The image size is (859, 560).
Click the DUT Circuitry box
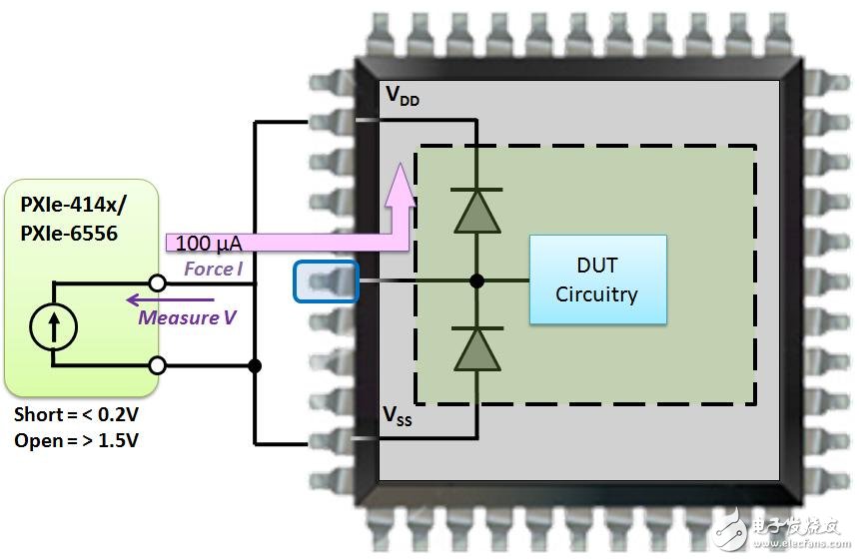(597, 280)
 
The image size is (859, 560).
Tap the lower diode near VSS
(476, 349)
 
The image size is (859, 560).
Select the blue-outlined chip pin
(326, 280)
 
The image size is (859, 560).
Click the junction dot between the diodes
(476, 280)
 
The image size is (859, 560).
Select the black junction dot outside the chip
(255, 365)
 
